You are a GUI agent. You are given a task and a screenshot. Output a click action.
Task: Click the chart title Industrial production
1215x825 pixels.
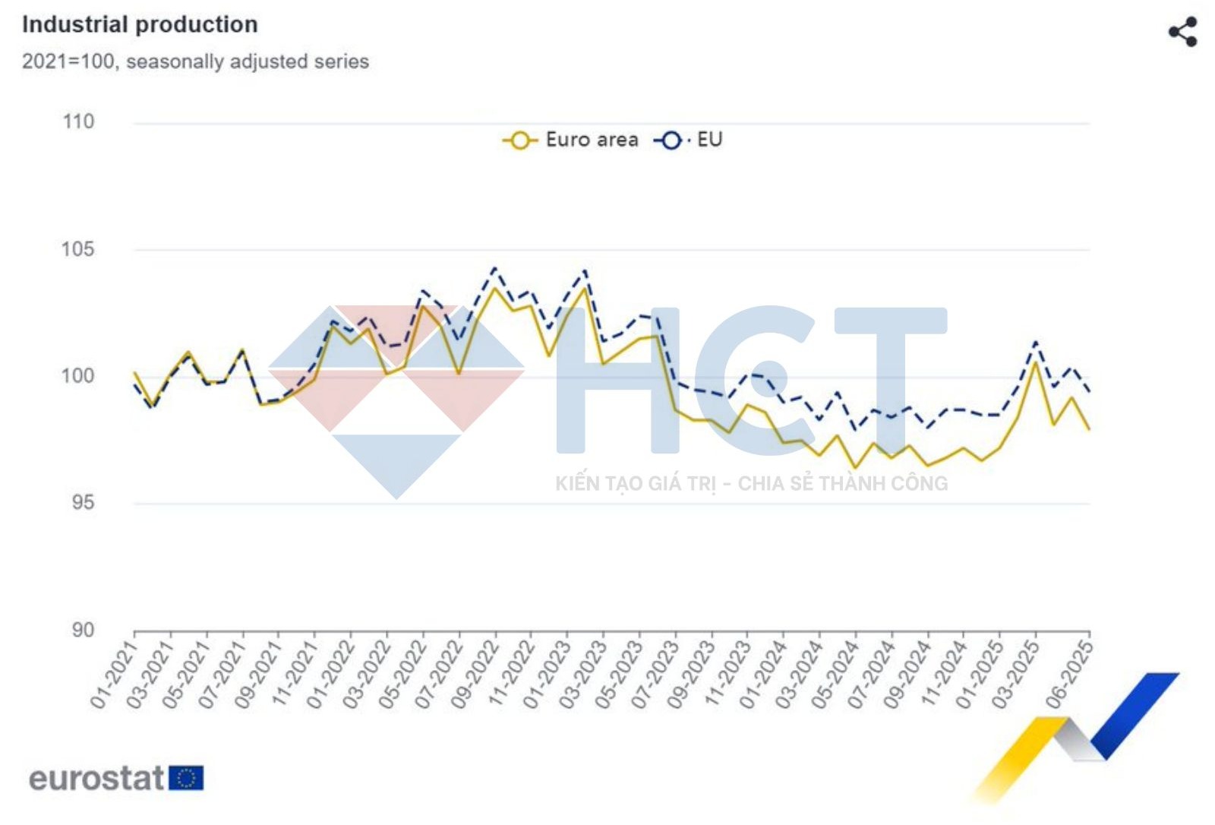click(140, 24)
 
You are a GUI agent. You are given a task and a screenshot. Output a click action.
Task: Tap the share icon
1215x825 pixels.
click(1182, 32)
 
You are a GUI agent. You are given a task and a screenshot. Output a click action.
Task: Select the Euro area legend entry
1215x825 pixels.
click(571, 140)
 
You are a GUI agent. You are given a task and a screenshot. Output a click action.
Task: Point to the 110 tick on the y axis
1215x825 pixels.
click(78, 122)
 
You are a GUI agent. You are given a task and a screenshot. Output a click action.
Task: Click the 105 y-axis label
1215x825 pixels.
click(78, 249)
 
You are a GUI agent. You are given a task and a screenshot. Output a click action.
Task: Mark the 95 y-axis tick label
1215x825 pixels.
click(83, 503)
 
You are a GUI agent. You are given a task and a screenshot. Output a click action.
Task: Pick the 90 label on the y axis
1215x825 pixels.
click(83, 630)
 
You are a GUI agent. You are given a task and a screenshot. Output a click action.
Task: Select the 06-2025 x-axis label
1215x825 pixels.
click(1070, 675)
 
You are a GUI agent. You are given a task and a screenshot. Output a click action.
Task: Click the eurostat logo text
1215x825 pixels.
click(96, 779)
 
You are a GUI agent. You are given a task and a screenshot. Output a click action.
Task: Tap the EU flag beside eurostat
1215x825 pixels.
click(186, 779)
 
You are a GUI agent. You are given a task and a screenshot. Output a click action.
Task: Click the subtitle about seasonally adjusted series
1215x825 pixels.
click(195, 62)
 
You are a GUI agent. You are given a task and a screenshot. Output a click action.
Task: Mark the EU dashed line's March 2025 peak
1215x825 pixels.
click(1036, 343)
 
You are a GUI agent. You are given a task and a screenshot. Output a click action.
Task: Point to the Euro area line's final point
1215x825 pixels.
click(1090, 430)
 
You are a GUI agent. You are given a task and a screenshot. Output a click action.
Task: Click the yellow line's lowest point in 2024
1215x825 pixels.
click(855, 468)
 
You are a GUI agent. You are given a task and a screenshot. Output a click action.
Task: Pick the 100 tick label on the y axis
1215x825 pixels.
click(78, 376)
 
